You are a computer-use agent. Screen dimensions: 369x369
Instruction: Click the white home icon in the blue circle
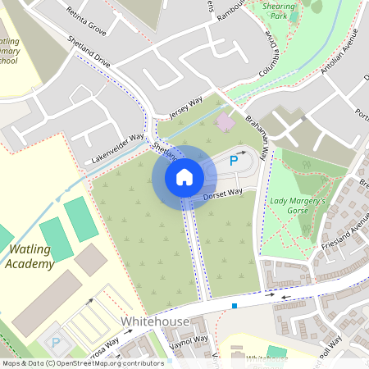click(184, 176)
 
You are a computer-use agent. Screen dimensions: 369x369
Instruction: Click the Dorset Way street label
click(223, 194)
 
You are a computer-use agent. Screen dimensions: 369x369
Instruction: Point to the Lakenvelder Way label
click(117, 145)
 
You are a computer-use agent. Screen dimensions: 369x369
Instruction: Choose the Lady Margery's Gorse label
click(298, 206)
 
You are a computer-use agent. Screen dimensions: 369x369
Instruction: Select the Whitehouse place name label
click(155, 321)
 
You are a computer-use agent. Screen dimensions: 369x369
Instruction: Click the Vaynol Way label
click(189, 340)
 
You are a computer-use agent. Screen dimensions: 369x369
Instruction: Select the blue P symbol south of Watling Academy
click(56, 344)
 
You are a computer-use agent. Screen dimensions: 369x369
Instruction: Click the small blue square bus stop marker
click(235, 306)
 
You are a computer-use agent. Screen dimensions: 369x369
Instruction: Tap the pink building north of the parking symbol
click(224, 121)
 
